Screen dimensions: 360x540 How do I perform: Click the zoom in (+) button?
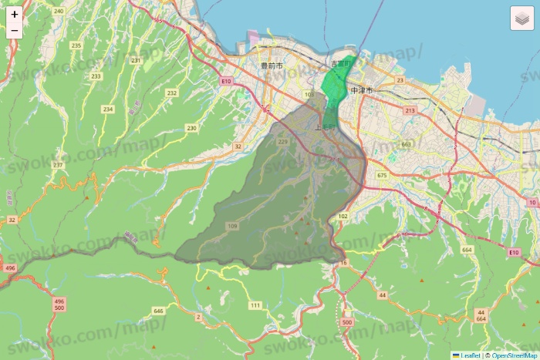(15, 14)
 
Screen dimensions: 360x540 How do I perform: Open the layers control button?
(522, 19)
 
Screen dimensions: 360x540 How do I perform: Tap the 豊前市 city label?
(272, 67)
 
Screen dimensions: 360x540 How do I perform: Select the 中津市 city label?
(361, 90)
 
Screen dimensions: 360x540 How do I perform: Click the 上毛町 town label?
(326, 126)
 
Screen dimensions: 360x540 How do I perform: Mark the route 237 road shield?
(58, 165)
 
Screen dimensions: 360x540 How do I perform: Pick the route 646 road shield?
(159, 311)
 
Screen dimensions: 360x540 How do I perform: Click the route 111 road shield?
(255, 305)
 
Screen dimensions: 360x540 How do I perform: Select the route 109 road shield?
(232, 226)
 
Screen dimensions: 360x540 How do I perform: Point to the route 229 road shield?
(282, 142)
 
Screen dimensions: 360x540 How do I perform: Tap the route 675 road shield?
(382, 176)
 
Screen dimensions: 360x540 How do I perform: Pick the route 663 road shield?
(407, 144)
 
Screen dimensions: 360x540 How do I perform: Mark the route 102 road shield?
(343, 216)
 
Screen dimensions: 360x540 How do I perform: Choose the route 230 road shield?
(191, 127)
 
